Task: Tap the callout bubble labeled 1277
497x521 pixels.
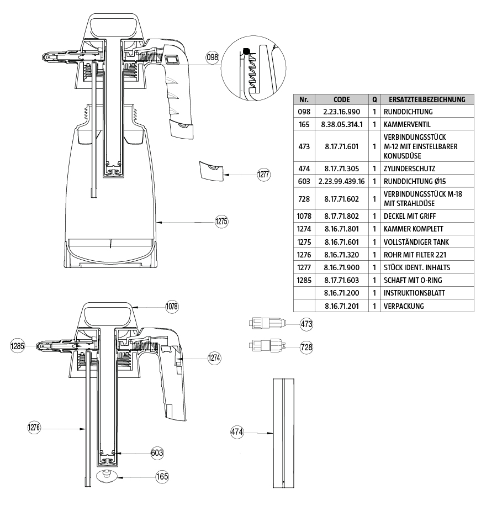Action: tap(264, 175)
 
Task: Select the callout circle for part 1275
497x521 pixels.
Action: tap(221, 222)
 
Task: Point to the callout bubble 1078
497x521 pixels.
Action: tap(172, 306)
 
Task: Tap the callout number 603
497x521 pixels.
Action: tap(157, 453)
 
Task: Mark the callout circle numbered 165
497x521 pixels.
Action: tap(162, 476)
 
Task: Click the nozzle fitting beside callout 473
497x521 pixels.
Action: tap(268, 324)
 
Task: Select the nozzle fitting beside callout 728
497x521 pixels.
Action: tap(268, 346)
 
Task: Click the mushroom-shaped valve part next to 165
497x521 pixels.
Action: tap(106, 476)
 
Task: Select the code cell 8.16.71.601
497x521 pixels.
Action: tap(342, 241)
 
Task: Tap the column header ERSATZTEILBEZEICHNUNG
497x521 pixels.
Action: tap(427, 100)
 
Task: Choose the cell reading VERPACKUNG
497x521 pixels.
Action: tap(404, 306)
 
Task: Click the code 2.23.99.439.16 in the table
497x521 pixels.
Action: tap(342, 181)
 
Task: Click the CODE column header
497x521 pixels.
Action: tap(342, 100)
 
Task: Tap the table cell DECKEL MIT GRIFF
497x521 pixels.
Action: tap(411, 216)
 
